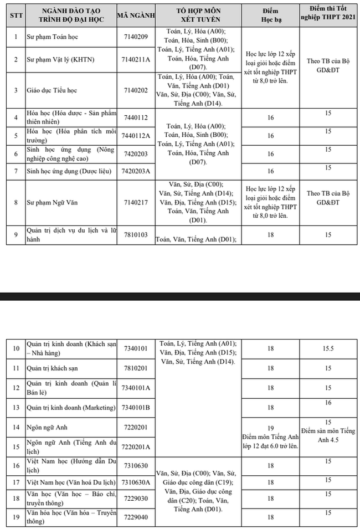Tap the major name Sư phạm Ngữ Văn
[52, 202]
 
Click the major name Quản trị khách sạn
[53, 368]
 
